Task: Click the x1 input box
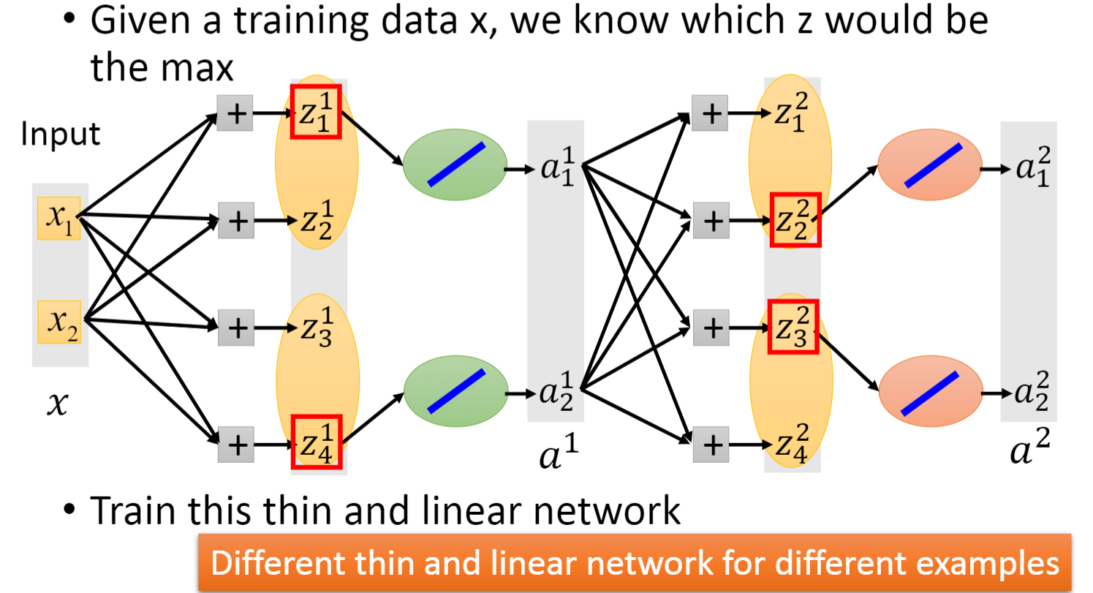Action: (x=59, y=217)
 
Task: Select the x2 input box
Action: (x=59, y=322)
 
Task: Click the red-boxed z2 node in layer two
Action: (x=795, y=219)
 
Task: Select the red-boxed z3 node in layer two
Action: (x=793, y=326)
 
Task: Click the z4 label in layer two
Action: (x=791, y=445)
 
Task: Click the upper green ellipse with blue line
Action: (x=455, y=165)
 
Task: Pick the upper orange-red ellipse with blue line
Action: (x=929, y=165)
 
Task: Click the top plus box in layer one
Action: (x=235, y=113)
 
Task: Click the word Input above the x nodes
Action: (x=61, y=135)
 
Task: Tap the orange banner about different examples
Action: (x=635, y=562)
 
